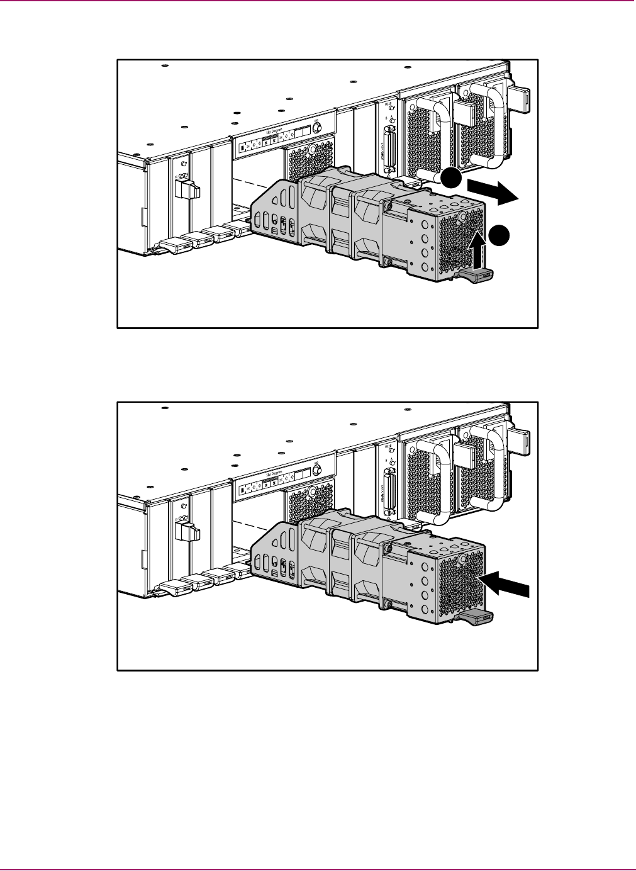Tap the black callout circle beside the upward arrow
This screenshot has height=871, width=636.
[499, 234]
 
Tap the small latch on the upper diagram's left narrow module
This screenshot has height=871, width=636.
[187, 187]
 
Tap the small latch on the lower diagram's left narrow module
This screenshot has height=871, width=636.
[187, 529]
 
